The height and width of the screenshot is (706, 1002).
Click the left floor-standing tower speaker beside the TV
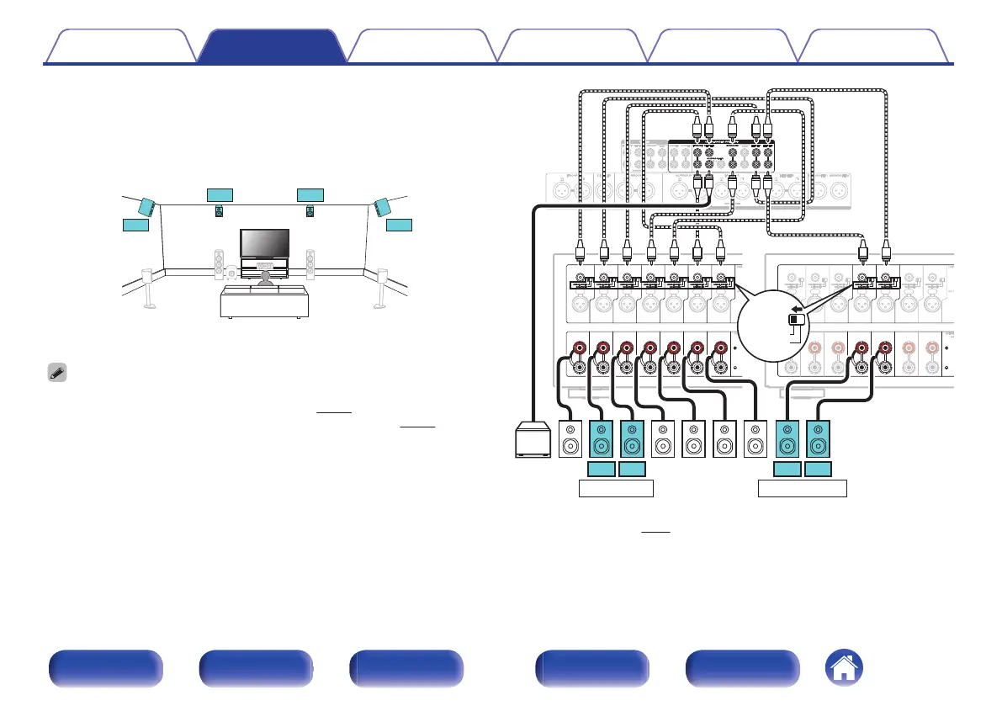coord(220,263)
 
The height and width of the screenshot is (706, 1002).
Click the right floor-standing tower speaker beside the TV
coord(310,263)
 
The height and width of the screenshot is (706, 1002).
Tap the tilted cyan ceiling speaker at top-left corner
coord(148,206)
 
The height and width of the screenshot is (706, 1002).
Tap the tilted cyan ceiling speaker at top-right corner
coord(383,206)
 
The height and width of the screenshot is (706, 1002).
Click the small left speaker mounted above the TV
coord(220,211)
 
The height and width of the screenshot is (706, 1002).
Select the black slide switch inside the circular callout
coord(794,320)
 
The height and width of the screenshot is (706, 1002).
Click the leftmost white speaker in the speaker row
coord(571,439)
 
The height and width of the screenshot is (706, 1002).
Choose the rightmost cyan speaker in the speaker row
coord(819,439)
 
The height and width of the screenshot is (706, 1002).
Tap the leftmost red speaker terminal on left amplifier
coord(580,348)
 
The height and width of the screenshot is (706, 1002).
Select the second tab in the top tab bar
coord(270,45)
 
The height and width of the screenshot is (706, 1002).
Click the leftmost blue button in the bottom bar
coord(105,669)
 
